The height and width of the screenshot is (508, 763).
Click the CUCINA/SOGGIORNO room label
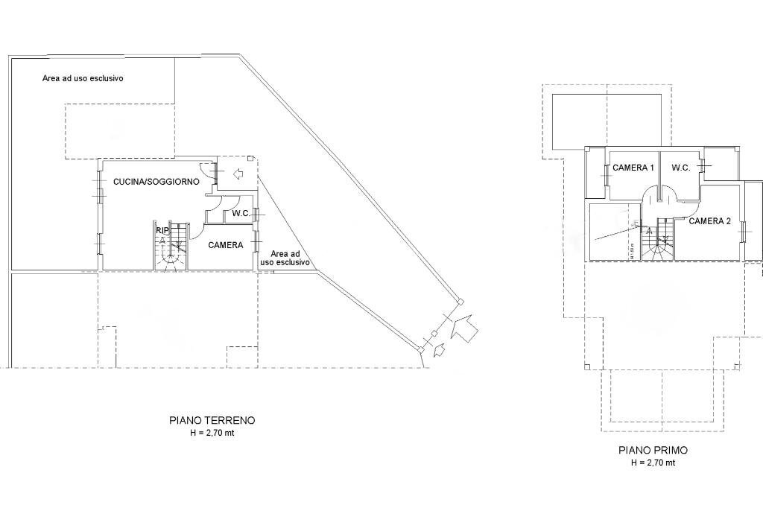[x=156, y=182]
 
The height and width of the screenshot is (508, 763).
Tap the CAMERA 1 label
[x=633, y=168]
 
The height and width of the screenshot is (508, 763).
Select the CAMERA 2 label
[x=709, y=221]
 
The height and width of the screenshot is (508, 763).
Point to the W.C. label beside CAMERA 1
[x=681, y=168]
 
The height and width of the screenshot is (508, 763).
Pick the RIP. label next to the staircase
[x=162, y=232]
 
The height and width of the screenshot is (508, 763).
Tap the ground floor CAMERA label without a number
[x=226, y=245]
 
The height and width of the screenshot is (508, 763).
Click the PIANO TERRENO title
[x=212, y=420]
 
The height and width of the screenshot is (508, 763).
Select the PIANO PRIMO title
[x=653, y=450]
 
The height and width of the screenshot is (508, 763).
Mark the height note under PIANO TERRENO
[x=212, y=432]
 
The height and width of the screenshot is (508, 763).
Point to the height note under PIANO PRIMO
[x=653, y=462]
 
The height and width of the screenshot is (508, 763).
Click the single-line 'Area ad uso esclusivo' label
[x=83, y=78]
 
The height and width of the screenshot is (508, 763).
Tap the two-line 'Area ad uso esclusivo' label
[x=285, y=258]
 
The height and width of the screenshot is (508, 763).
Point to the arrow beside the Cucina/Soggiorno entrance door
[x=239, y=175]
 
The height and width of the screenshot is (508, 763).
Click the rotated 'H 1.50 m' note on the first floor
[x=631, y=250]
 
